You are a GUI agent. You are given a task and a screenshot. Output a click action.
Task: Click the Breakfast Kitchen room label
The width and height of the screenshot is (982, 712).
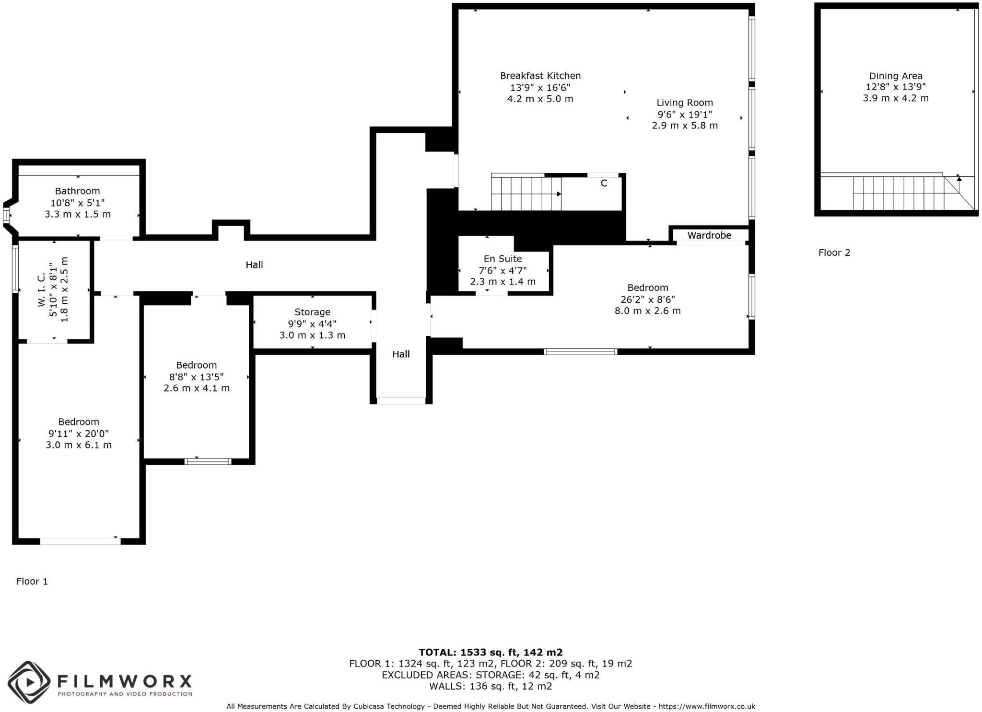(x=540, y=76)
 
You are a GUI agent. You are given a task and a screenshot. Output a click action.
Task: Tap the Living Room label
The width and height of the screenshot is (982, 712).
(x=684, y=103)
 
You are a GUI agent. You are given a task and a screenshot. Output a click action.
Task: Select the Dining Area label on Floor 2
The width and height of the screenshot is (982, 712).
(x=895, y=76)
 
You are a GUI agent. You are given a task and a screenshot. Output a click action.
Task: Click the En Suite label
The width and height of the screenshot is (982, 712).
(x=502, y=259)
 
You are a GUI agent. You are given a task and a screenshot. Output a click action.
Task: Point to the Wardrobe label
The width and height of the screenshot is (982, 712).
(x=709, y=235)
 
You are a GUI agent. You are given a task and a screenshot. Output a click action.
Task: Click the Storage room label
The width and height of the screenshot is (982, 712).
(x=312, y=312)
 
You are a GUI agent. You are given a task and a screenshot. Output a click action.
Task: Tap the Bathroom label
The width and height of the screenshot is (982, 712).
(x=77, y=191)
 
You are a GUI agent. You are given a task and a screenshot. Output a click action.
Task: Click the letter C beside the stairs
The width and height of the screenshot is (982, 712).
(x=604, y=183)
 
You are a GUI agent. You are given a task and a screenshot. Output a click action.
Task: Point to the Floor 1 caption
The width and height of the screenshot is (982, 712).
(x=32, y=581)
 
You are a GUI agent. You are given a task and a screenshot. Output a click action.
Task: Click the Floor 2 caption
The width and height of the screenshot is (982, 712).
(x=834, y=253)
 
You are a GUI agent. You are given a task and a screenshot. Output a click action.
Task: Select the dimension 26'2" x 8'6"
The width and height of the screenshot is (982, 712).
(x=647, y=299)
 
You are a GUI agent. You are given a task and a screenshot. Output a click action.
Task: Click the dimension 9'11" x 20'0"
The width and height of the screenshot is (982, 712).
(x=79, y=434)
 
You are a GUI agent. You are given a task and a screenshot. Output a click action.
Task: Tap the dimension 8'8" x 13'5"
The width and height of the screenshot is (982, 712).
(x=196, y=377)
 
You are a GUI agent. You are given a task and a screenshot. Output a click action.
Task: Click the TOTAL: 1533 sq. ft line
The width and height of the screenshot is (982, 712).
(x=490, y=652)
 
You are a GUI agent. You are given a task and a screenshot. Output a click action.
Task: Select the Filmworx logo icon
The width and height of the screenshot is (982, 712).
(x=29, y=682)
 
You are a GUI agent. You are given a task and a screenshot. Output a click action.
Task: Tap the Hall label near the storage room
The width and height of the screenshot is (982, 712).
(x=401, y=354)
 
